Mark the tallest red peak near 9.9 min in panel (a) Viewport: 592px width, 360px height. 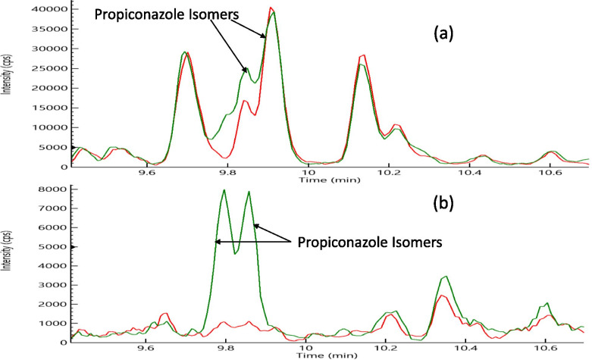point(271,8)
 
